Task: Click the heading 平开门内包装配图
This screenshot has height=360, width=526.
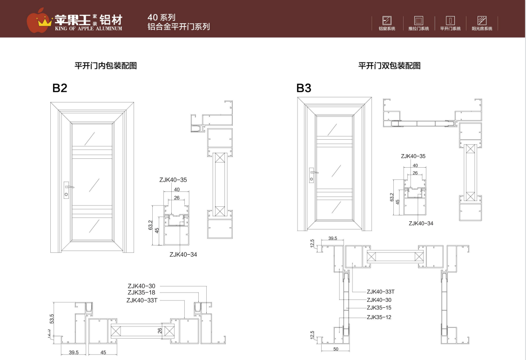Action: coord(106,66)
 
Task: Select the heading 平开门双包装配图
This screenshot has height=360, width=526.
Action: coord(389,66)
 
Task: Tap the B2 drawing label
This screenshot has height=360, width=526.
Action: coord(60,88)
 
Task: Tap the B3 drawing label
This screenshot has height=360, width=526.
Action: coord(303,88)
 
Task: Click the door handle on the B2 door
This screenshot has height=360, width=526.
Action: coord(68,189)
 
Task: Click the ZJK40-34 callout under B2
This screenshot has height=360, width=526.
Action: coord(183,254)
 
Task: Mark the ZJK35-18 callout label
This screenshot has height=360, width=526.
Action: coord(142,292)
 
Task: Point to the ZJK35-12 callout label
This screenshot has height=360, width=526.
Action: coord(379,317)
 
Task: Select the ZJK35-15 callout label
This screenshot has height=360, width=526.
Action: coord(379,308)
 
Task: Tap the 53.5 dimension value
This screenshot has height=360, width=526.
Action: coord(52,319)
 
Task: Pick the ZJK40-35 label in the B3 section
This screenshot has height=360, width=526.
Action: coord(413,156)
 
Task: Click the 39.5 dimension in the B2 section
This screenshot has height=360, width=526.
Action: coord(74,353)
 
